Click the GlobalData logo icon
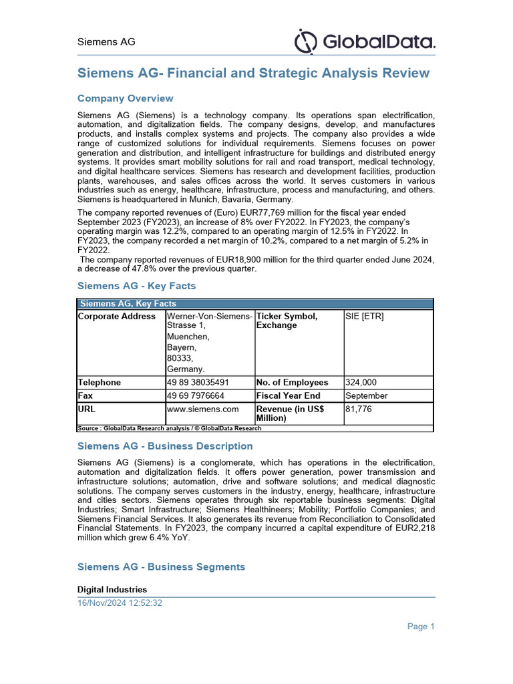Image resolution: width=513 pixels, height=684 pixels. pyautogui.click(x=305, y=41)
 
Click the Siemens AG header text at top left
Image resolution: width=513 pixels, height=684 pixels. pyautogui.click(x=106, y=41)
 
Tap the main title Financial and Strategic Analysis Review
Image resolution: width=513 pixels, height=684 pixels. pyautogui.click(x=254, y=73)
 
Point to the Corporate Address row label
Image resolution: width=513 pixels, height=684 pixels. pyautogui.click(x=117, y=316)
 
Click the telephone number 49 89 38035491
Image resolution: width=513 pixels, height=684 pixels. pyautogui.click(x=198, y=382)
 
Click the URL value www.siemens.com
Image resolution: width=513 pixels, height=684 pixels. pyautogui.click(x=202, y=408)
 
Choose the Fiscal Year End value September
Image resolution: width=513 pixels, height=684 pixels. pyautogui.click(x=366, y=395)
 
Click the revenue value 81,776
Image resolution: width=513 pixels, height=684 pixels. pyautogui.click(x=358, y=408)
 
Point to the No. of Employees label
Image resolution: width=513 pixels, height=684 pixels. pyautogui.click(x=292, y=382)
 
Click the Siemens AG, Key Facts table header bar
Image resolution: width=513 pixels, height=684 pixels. pyautogui.click(x=255, y=303)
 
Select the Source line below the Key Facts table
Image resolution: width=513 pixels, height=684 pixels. pyautogui.click(x=170, y=428)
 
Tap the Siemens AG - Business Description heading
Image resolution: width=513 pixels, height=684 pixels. pyautogui.click(x=165, y=446)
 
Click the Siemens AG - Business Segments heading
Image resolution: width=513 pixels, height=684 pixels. pyautogui.click(x=161, y=566)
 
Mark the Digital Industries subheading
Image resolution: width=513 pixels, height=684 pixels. pyautogui.click(x=112, y=589)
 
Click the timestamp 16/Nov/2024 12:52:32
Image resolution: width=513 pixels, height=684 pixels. pyautogui.click(x=120, y=603)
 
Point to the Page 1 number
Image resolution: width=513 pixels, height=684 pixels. pyautogui.click(x=421, y=626)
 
